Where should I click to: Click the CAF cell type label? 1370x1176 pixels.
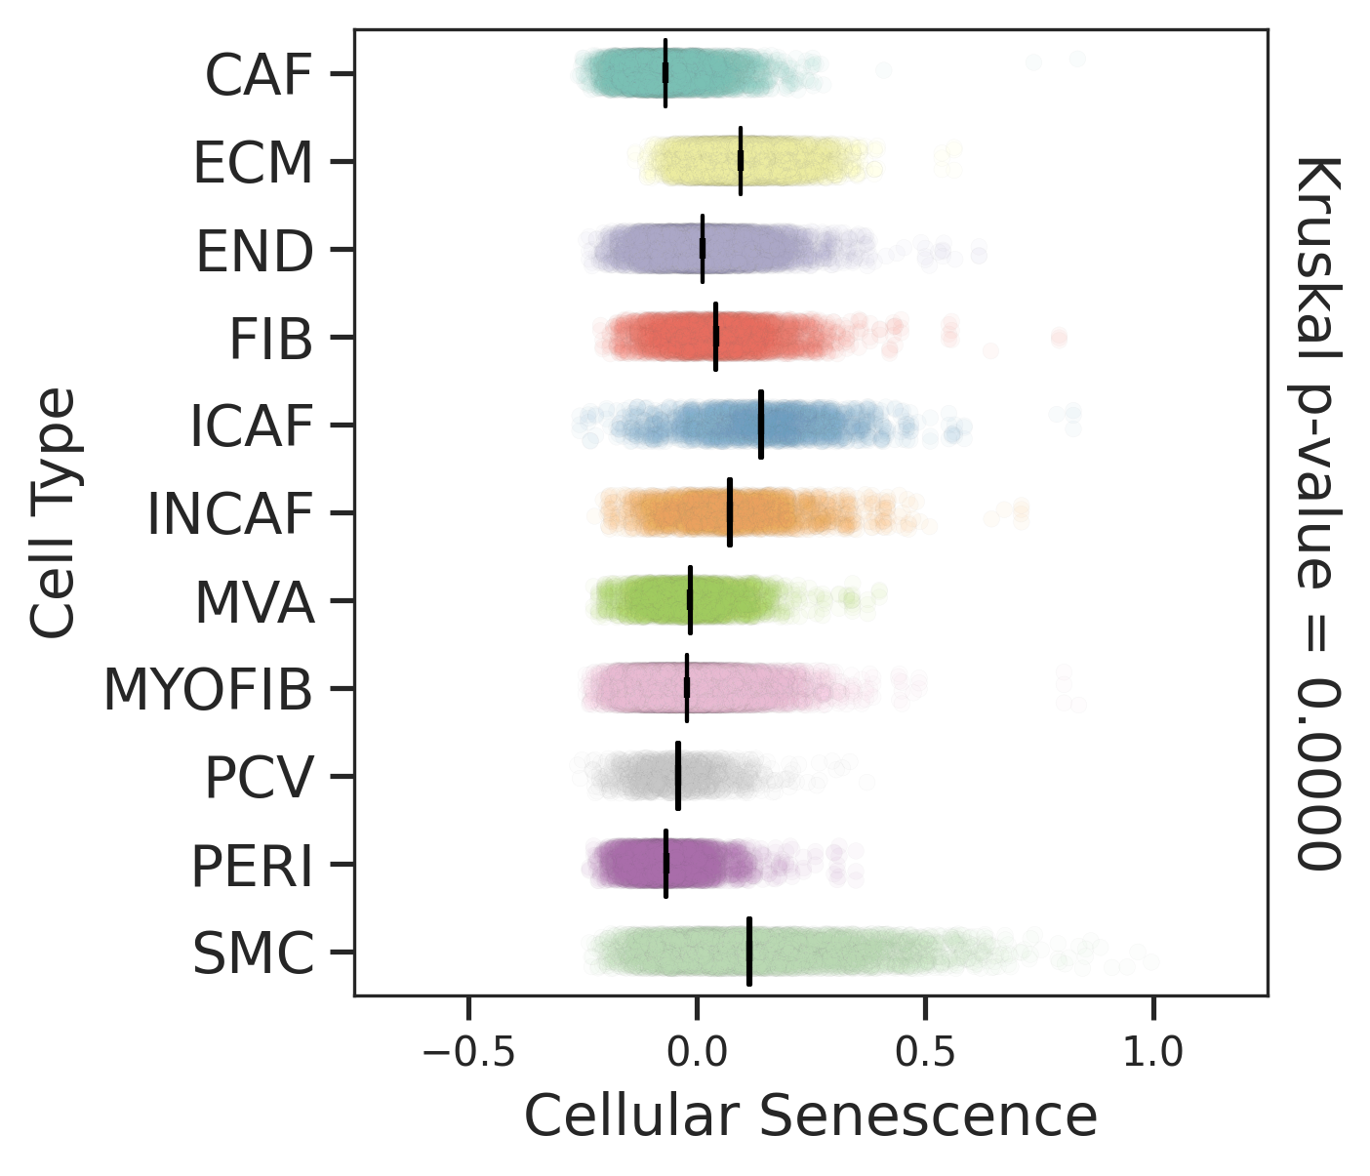258,75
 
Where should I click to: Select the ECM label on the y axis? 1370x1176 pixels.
253,163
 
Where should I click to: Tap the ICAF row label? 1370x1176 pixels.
251,426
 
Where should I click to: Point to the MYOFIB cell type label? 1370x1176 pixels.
208,690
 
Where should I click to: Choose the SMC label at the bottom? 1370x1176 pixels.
253,953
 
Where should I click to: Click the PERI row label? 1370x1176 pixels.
252,866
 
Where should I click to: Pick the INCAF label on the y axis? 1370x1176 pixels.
229,514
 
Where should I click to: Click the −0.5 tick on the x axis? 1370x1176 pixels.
468,1053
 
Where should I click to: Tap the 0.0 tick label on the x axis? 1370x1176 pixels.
697,1053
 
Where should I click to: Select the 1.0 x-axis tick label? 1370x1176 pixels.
1153,1053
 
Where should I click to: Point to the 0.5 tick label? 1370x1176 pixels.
925,1053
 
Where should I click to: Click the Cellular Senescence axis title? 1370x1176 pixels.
811,1116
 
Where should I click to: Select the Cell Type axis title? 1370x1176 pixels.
53,512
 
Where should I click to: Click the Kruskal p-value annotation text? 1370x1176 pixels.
1318,512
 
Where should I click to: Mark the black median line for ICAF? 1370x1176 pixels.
760,425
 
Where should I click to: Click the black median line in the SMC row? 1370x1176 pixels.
748,952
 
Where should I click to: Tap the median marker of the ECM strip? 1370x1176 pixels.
741,161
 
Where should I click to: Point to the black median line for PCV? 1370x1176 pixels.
678,776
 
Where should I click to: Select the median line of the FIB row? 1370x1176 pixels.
716,337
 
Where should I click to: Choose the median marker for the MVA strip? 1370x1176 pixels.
690,600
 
